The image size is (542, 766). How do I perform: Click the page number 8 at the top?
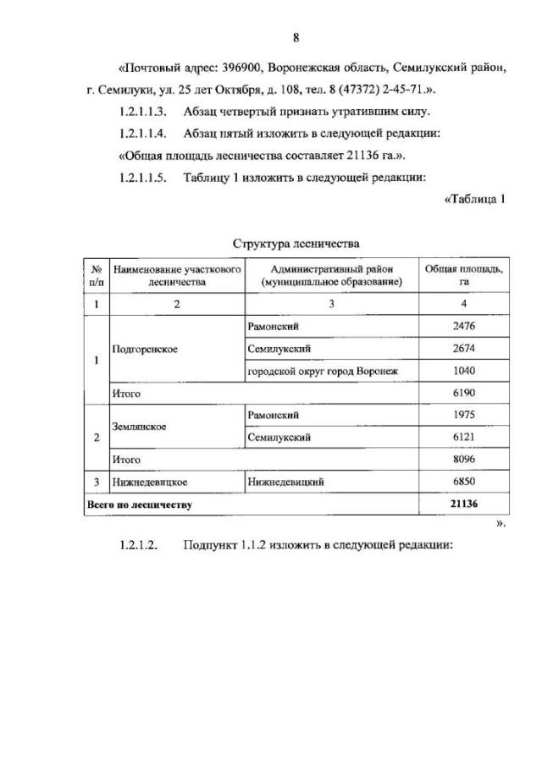296,37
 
